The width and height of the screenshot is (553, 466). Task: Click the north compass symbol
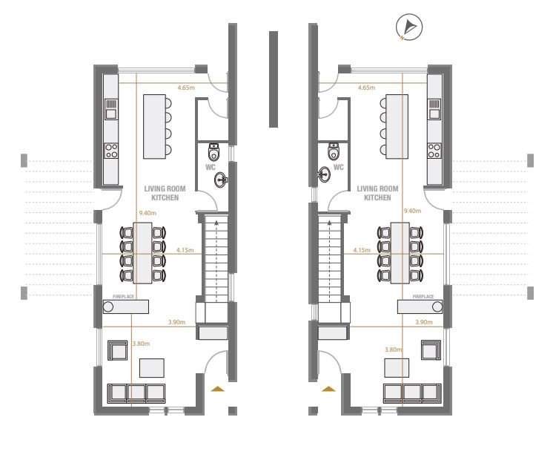[408, 27]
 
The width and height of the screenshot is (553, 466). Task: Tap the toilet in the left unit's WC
[213, 152]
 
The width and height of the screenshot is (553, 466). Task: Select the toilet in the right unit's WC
[334, 152]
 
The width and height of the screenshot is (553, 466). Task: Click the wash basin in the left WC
[221, 180]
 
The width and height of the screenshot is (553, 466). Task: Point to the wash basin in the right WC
[325, 174]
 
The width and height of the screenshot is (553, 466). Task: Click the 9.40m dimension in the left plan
[148, 213]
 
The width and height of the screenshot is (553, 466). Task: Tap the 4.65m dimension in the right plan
[366, 88]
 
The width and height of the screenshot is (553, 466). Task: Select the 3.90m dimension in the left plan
[176, 322]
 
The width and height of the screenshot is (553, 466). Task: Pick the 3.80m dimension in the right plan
[393, 349]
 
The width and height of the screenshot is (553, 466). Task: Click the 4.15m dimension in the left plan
[185, 250]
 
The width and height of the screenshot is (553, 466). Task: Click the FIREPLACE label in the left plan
[124, 297]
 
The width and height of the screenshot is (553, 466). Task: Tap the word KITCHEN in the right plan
[377, 197]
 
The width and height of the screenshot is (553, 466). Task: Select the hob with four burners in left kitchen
[111, 151]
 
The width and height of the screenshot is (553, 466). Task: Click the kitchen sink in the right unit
[434, 109]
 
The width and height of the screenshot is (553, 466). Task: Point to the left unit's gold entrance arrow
[218, 389]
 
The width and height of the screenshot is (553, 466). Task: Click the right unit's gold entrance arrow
[328, 389]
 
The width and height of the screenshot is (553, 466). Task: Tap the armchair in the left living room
[117, 350]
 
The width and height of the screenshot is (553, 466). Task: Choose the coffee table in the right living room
[397, 368]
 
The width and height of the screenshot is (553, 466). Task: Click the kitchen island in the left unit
[154, 126]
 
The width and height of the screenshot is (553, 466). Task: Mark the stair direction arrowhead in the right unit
[329, 223]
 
